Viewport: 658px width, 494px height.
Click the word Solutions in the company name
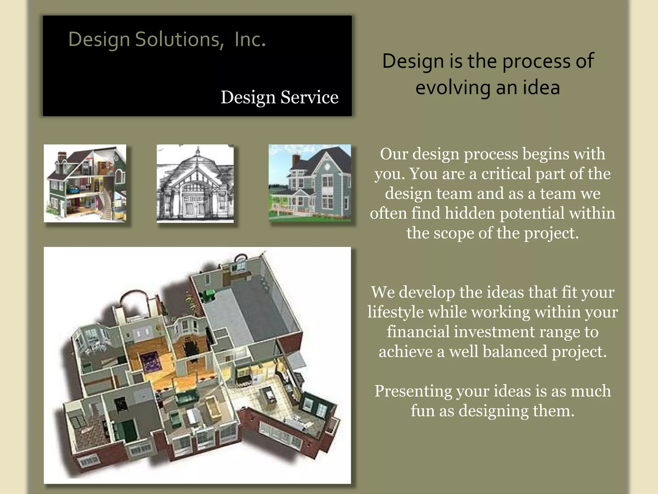(x=179, y=39)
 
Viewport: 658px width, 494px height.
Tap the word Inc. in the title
(x=250, y=39)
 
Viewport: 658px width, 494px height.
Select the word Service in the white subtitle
(x=309, y=97)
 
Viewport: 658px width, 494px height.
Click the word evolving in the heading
(x=453, y=87)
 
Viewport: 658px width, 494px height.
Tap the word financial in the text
(x=418, y=332)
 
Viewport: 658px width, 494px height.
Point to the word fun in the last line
(x=422, y=411)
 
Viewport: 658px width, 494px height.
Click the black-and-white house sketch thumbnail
(x=195, y=183)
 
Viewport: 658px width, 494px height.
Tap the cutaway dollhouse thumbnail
(x=85, y=183)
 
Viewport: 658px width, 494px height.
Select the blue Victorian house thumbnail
(x=309, y=182)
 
